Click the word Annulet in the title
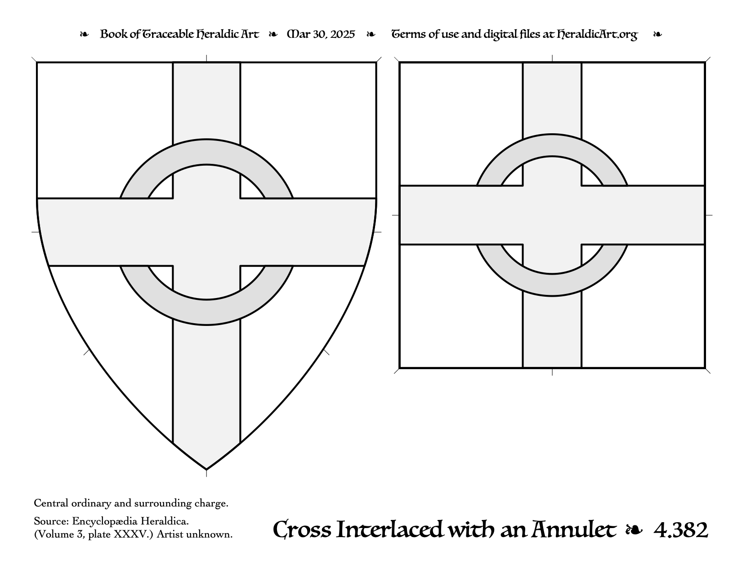pyautogui.click(x=574, y=529)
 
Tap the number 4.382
pyautogui.click(x=681, y=530)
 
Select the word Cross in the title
pyautogui.click(x=302, y=529)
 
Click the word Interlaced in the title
pyautogui.click(x=389, y=529)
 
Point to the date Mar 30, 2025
pyautogui.click(x=321, y=34)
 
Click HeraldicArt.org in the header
pyautogui.click(x=597, y=35)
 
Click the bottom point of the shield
pyautogui.click(x=206, y=470)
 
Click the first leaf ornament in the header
pyautogui.click(x=84, y=34)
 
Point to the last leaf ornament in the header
pyautogui.click(x=657, y=34)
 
